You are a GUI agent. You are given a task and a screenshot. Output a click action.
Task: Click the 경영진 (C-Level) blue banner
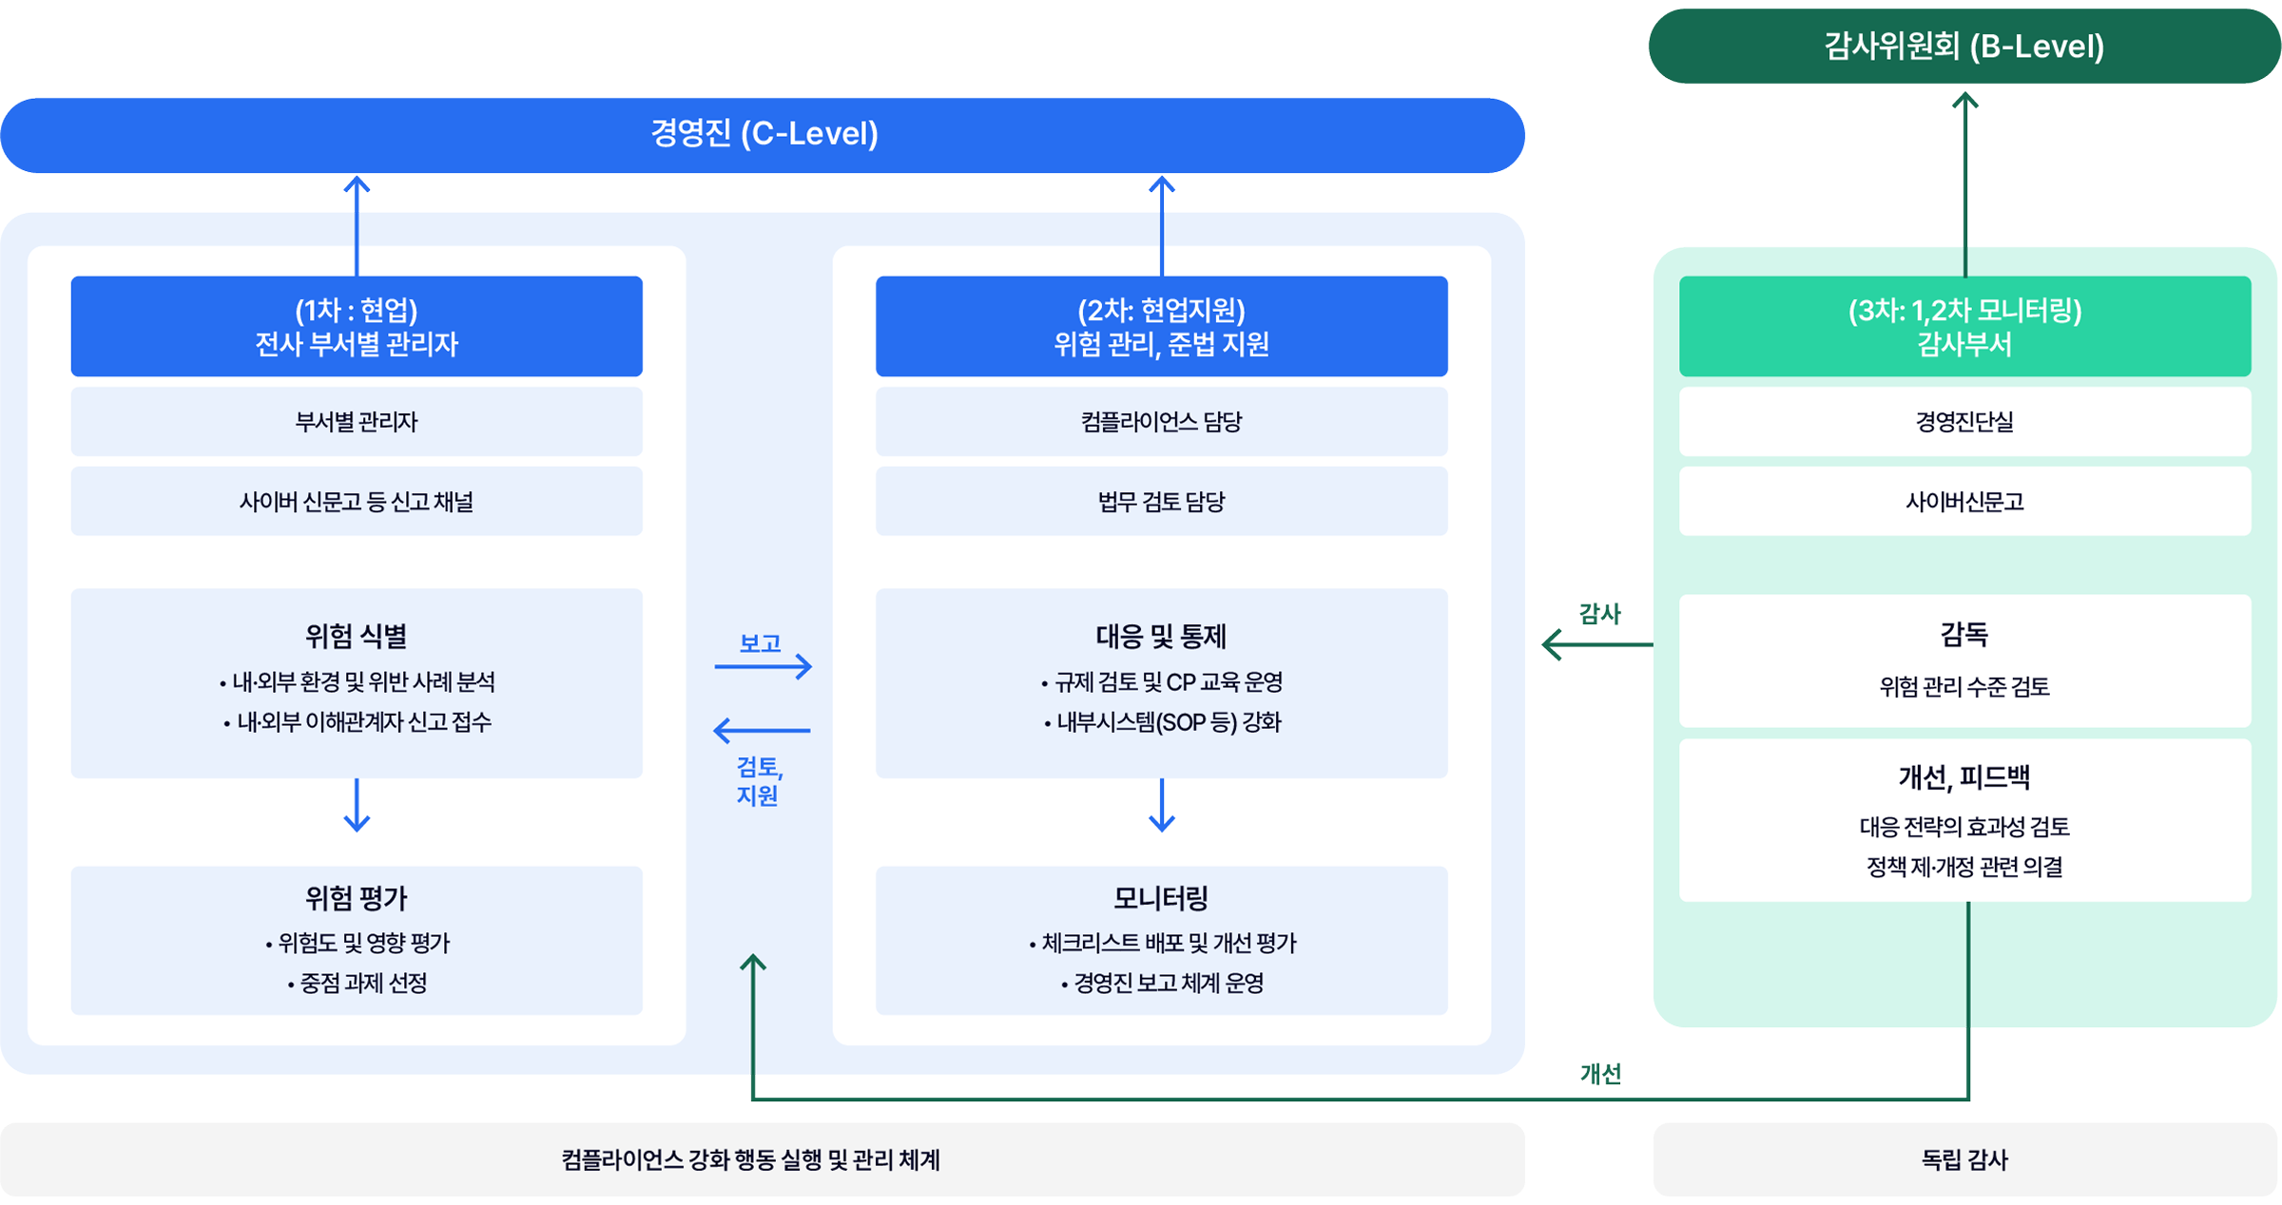pos(763,135)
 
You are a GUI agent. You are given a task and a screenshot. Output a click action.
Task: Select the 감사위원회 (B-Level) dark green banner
pos(1964,46)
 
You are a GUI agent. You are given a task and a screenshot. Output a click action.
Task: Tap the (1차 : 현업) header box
pos(357,326)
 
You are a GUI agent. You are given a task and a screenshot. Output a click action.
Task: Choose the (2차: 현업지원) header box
pos(1161,326)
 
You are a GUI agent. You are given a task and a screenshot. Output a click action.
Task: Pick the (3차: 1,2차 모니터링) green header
pos(1964,326)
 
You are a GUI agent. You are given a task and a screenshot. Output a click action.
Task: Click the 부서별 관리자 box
pos(357,421)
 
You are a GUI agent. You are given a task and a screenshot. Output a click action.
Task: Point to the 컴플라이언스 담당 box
pos(1161,421)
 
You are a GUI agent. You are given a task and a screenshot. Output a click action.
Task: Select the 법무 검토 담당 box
pos(1161,501)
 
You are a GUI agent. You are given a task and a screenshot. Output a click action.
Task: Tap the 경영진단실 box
pos(1964,421)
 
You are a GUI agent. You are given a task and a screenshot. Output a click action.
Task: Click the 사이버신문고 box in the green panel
pos(1964,501)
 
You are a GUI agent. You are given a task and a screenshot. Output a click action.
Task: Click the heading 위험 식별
pos(357,636)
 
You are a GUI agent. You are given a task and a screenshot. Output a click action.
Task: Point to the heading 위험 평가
pos(357,897)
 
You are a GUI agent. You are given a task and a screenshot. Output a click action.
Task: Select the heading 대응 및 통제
pos(1161,636)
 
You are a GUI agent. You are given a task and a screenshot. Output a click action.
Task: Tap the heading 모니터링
pos(1161,897)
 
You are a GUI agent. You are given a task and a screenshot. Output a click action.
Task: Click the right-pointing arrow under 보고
pos(763,666)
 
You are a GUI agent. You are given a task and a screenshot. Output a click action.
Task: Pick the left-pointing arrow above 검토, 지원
pos(762,730)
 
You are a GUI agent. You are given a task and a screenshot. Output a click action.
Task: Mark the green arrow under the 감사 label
pos(1597,644)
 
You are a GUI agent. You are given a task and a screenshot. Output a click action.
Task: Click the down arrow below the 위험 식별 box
pos(357,806)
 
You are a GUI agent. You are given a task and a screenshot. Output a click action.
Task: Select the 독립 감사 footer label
pos(1964,1159)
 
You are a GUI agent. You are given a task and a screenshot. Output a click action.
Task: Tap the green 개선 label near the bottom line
pos(1601,1074)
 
